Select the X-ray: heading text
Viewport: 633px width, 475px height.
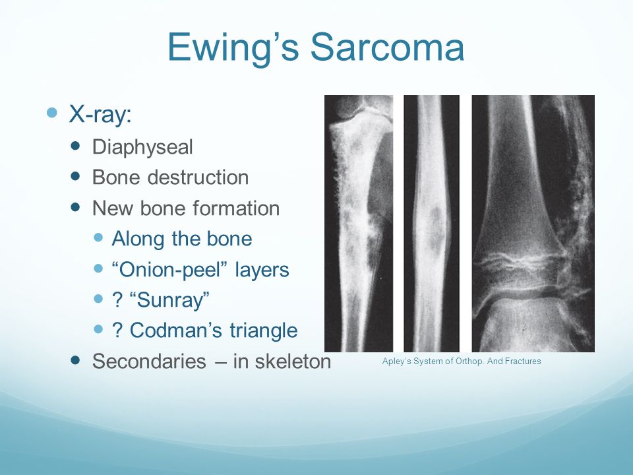[100, 113]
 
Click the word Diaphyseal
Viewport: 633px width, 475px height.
[142, 147]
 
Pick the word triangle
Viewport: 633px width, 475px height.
[264, 331]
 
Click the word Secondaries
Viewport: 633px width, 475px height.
[150, 361]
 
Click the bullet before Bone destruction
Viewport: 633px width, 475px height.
[75, 176]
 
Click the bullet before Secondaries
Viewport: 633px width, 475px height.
[75, 360]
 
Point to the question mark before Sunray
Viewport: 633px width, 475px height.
[117, 301]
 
